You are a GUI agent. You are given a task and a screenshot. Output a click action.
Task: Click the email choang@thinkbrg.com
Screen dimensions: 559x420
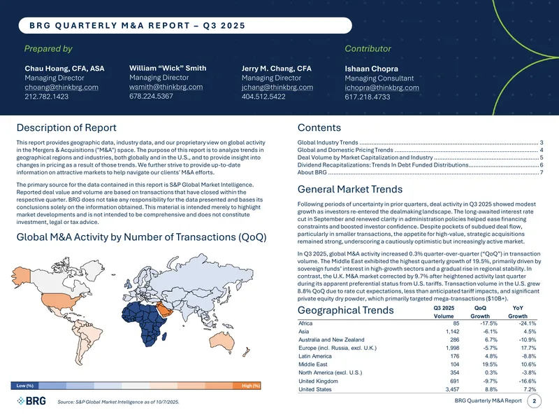pos(61,87)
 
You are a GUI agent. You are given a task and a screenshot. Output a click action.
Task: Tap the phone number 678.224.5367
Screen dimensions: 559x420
pos(151,96)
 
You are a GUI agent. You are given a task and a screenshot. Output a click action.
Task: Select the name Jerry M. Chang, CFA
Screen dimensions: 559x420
pos(276,68)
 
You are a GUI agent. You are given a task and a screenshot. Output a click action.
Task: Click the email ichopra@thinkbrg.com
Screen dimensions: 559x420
pos(382,87)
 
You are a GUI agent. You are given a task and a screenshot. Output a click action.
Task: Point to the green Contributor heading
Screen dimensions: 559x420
pos(368,48)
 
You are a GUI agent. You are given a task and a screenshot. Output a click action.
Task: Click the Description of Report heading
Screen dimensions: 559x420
pos(66,127)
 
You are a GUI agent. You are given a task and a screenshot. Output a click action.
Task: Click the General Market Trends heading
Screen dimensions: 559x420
pos(350,189)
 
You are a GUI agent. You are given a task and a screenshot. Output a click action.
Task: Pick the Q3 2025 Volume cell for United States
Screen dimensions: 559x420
pos(452,389)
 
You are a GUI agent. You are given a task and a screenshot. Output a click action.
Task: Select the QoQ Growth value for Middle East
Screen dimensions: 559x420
pos(490,364)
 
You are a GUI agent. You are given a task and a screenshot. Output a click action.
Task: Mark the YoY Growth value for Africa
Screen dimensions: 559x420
pos(528,323)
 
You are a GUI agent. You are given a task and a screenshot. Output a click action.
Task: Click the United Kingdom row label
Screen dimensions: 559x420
pos(318,381)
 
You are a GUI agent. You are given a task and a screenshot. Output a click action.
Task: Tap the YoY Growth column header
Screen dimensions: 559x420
pos(518,311)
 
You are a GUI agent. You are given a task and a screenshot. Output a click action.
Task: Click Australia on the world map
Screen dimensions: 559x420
pos(222,340)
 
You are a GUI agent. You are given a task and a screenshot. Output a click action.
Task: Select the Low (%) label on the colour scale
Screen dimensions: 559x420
pos(24,386)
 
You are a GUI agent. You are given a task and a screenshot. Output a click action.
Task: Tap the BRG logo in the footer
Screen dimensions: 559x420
pos(31,401)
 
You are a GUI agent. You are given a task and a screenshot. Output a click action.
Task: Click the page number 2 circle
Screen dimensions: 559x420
pos(534,400)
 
